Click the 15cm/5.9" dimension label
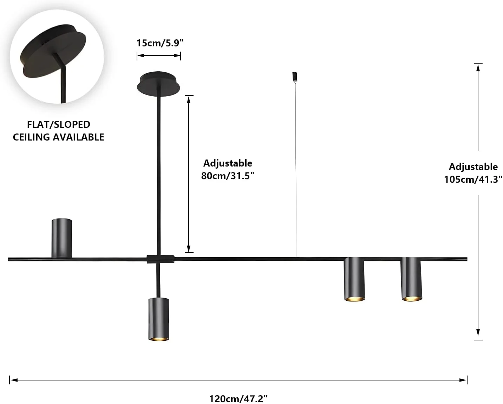[x=160, y=43]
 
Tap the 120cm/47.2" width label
[x=238, y=399]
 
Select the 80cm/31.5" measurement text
[x=227, y=176]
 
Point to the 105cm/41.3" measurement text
[x=473, y=179]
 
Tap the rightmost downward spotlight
[x=412, y=279]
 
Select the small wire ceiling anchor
[x=295, y=76]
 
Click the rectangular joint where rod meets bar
[x=161, y=259]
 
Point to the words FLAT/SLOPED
[x=59, y=124]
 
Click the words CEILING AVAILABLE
[x=59, y=137]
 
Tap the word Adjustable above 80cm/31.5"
[x=228, y=163]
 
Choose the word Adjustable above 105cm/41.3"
[x=473, y=167]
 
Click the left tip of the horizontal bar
[x=9, y=259]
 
